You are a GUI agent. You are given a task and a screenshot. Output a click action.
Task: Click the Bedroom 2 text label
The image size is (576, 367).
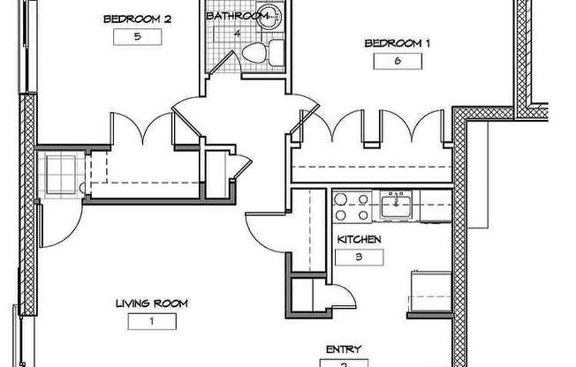(x=139, y=19)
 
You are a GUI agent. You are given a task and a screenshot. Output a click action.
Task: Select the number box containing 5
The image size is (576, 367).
(x=137, y=38)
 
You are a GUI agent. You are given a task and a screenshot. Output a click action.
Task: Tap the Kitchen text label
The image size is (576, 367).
(x=359, y=240)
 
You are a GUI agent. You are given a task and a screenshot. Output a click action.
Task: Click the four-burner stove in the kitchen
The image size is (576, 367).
(x=352, y=206)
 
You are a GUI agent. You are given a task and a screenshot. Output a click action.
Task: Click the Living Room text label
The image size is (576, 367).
(x=151, y=303)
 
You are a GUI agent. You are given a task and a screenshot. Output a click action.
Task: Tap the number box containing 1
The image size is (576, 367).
(x=151, y=322)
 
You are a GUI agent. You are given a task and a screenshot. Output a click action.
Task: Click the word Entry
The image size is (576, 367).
(x=343, y=349)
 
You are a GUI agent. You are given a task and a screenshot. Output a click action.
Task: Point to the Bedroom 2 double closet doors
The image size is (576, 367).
(x=140, y=130)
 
